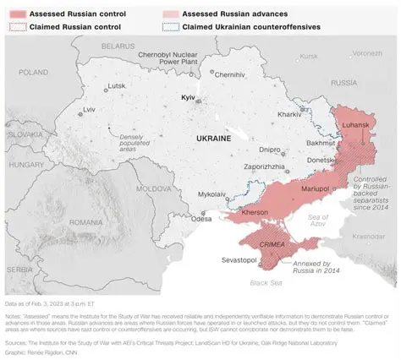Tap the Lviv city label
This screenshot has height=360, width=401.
tap(89, 110)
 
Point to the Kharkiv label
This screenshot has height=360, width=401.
tap(289, 114)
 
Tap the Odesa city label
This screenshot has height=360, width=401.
tap(201, 219)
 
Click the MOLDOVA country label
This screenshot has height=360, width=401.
tap(154, 188)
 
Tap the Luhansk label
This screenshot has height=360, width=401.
tap(356, 125)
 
